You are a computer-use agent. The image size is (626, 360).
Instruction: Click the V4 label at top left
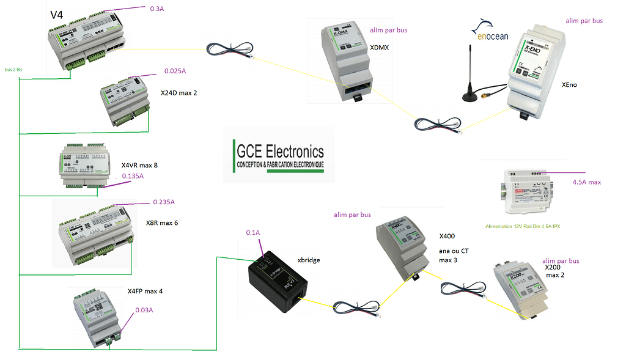(x=57, y=13)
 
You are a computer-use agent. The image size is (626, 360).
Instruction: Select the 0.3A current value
(x=158, y=9)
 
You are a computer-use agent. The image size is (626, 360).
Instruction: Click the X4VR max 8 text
(x=139, y=165)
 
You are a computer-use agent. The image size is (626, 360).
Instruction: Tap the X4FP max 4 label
(x=145, y=291)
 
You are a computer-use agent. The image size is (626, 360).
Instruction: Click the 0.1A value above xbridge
(x=252, y=233)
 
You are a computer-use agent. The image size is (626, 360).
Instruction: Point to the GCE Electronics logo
(x=279, y=156)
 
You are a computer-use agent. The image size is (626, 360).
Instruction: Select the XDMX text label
(x=380, y=46)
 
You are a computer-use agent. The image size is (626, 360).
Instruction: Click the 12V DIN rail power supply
(x=523, y=190)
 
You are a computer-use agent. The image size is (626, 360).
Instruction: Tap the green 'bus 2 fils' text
(x=14, y=69)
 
